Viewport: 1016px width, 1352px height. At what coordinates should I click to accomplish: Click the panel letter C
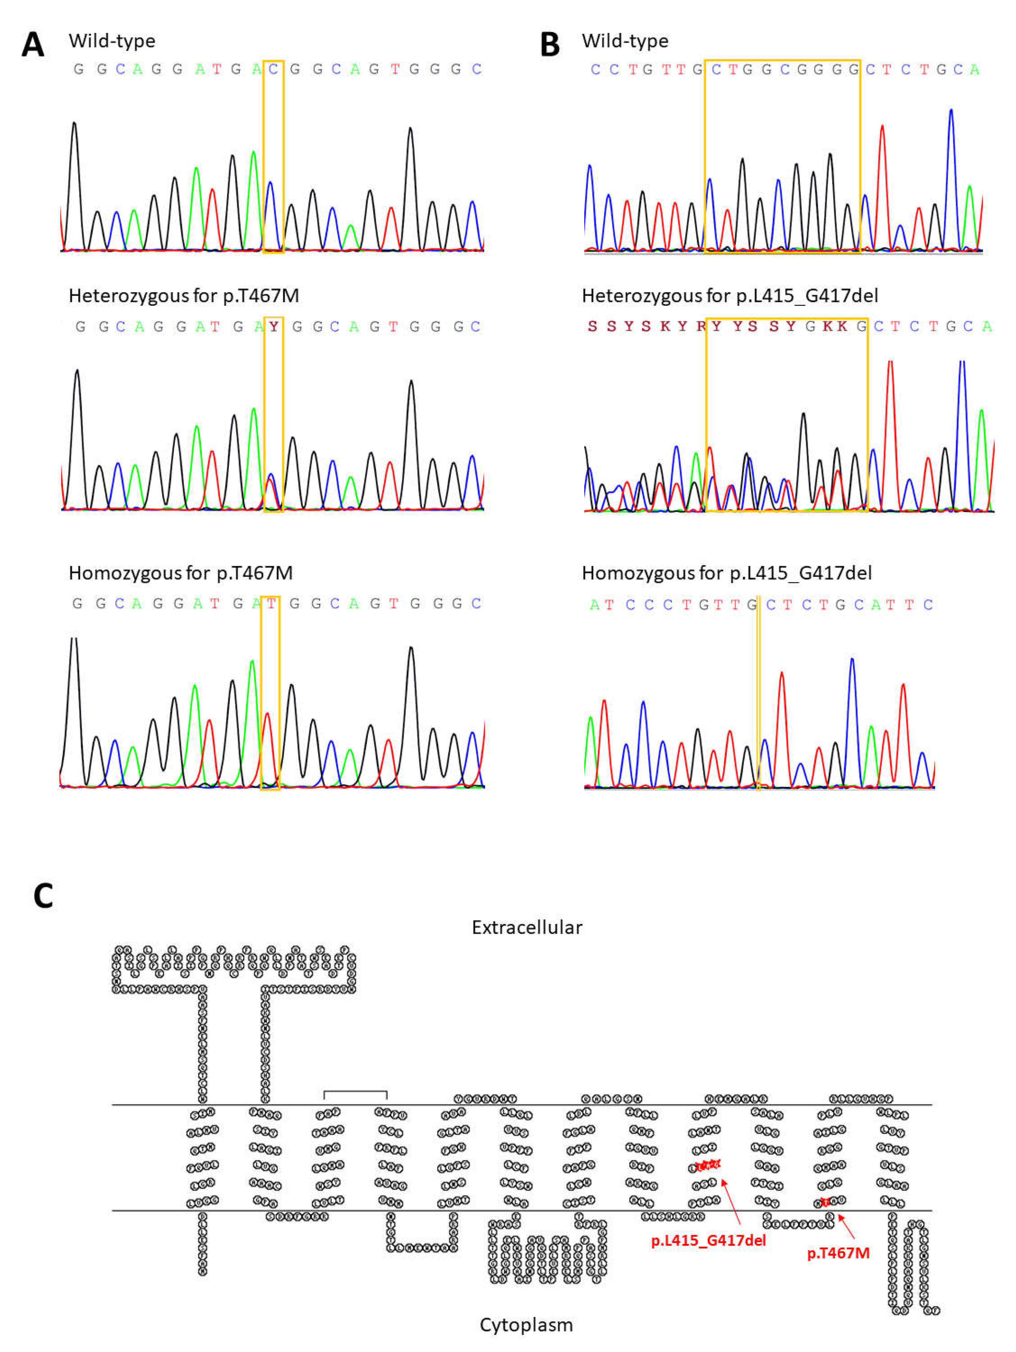click(43, 896)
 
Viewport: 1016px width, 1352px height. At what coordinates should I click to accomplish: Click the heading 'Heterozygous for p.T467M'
click(184, 296)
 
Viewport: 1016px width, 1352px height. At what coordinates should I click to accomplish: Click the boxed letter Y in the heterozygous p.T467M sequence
click(273, 327)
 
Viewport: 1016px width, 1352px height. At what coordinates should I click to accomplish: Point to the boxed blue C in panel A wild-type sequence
click(273, 69)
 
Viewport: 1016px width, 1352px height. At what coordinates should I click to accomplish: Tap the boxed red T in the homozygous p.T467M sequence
click(270, 604)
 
